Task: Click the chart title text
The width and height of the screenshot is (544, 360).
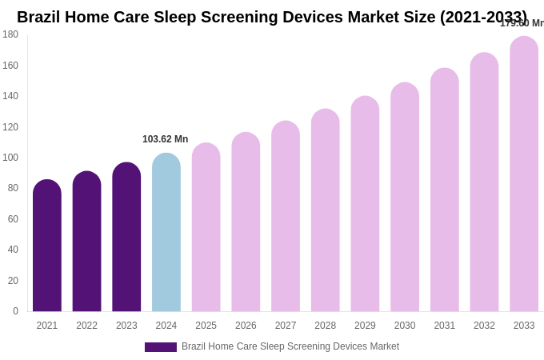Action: coord(272,17)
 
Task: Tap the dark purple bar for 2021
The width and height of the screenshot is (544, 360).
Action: coord(47,246)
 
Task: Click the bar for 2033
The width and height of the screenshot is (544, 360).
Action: coord(524,174)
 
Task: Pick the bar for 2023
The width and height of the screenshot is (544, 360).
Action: coord(126,237)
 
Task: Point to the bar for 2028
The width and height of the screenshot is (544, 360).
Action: coord(326,210)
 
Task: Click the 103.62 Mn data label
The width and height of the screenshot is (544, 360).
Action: coord(166,139)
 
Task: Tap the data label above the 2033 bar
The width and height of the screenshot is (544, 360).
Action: coord(522,23)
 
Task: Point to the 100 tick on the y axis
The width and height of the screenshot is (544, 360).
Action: coord(10,158)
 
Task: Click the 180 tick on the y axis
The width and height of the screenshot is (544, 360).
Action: coord(10,34)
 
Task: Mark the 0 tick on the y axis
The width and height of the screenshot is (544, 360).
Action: coord(14,311)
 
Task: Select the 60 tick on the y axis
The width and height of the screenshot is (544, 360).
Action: coord(12,219)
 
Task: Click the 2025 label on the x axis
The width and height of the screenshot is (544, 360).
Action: coord(206,326)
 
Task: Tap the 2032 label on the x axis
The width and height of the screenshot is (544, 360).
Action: coord(484,326)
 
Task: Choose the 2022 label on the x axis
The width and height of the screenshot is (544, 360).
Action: coord(86,326)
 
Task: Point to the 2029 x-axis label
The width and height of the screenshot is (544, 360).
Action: coord(365,326)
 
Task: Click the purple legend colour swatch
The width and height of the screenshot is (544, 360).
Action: coord(160,347)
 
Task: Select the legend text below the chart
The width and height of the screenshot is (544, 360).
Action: coord(290,346)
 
